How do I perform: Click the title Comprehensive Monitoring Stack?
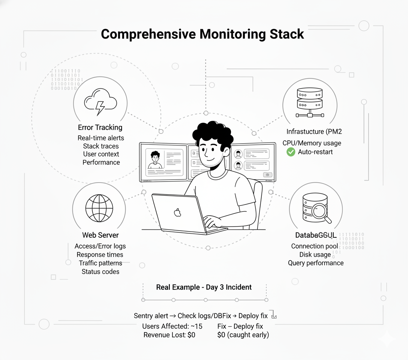point(202,34)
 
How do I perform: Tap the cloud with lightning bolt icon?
point(100,102)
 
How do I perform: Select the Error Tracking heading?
point(100,127)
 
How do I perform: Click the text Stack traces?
point(101,146)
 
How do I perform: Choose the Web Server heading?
point(100,235)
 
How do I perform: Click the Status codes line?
point(100,271)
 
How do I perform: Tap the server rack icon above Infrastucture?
point(309,102)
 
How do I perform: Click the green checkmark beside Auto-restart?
point(291,152)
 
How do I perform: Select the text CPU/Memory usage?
point(312,143)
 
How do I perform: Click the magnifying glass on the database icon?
point(321,211)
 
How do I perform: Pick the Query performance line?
point(315,263)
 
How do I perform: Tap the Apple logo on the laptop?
point(178,213)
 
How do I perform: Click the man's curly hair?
point(212,131)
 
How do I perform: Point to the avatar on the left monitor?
point(154,159)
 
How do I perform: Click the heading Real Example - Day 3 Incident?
point(204,287)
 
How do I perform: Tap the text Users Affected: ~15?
point(172,326)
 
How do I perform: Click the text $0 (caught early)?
point(243,334)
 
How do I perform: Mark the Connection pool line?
point(314,246)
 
